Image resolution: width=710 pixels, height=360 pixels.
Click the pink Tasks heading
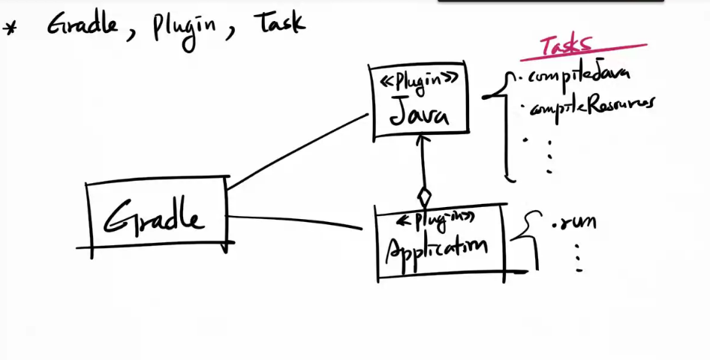click(567, 45)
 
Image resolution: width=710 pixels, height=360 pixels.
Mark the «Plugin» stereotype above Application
click(435, 219)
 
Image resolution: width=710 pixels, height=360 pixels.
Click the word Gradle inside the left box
click(154, 218)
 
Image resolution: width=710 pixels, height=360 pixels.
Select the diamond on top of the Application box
click(424, 197)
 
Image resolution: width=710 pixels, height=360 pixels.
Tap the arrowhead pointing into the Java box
click(423, 139)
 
